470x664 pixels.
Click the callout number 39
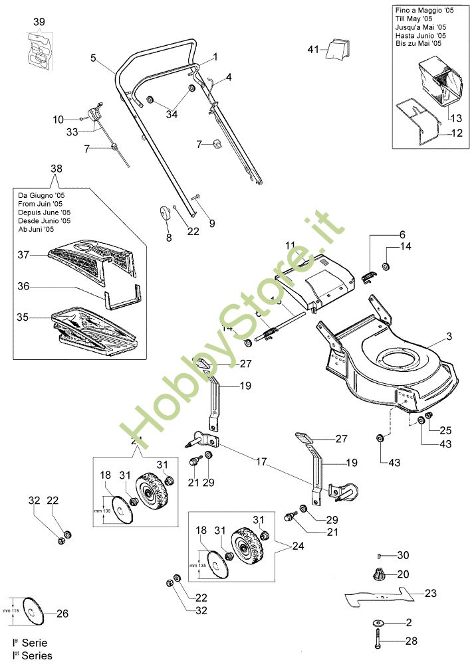[x=39, y=23]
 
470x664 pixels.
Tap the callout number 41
[x=314, y=49]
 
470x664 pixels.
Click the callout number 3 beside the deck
[x=449, y=337]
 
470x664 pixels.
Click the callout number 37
[x=24, y=255]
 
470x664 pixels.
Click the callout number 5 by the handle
[x=94, y=58]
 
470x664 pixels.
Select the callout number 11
[x=290, y=246]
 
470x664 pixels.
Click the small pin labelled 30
[x=380, y=555]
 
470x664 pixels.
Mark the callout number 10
[x=59, y=120]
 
